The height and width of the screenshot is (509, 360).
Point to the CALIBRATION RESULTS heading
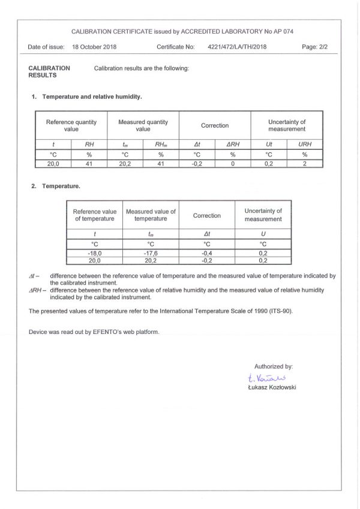coord(49,72)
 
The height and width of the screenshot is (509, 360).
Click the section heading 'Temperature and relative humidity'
coord(91,97)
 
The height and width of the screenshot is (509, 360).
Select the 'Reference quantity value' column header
coord(71,125)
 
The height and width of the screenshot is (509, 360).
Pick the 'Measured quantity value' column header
coord(143,125)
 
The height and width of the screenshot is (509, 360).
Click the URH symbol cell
coord(305,144)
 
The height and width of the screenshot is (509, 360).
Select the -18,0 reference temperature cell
coord(94,252)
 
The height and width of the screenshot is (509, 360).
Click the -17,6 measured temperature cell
coord(151,252)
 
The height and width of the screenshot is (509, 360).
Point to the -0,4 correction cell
coord(206,252)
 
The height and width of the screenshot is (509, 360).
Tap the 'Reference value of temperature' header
coord(94,215)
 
